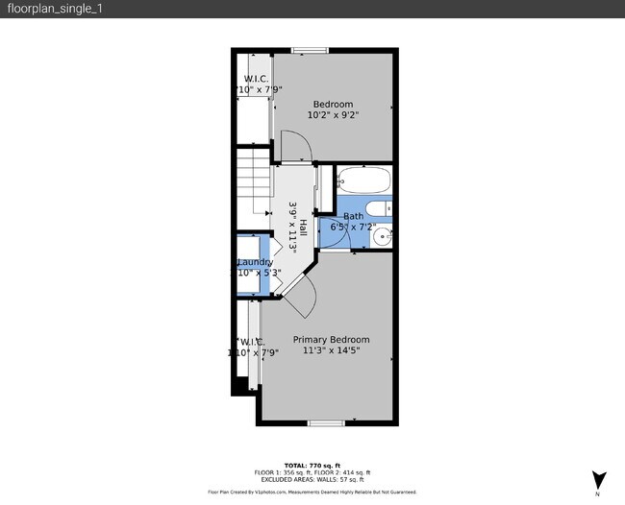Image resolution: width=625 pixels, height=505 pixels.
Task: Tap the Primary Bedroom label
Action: click(331, 340)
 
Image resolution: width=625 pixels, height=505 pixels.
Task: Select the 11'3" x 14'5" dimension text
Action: click(331, 351)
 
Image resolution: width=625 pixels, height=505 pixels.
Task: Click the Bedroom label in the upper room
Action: click(333, 104)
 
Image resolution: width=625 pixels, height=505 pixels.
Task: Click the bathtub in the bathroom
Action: click(363, 180)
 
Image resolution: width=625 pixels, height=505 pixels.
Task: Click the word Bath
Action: click(353, 217)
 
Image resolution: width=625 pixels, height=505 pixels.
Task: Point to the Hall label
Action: click(303, 228)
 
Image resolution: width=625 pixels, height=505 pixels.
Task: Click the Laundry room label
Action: click(255, 262)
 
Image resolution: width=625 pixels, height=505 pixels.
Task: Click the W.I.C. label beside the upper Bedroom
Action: click(256, 79)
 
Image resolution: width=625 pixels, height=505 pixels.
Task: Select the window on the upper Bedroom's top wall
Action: click(308, 50)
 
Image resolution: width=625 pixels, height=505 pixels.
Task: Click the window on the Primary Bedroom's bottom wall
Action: click(325, 423)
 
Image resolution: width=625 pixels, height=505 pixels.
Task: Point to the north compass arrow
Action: click(598, 479)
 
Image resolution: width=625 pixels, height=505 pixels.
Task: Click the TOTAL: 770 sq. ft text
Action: click(312, 465)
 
